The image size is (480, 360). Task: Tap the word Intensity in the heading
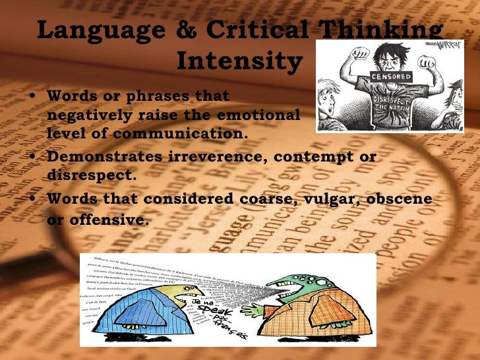pos(239,61)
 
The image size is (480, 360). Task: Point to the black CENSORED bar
pos(392,76)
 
